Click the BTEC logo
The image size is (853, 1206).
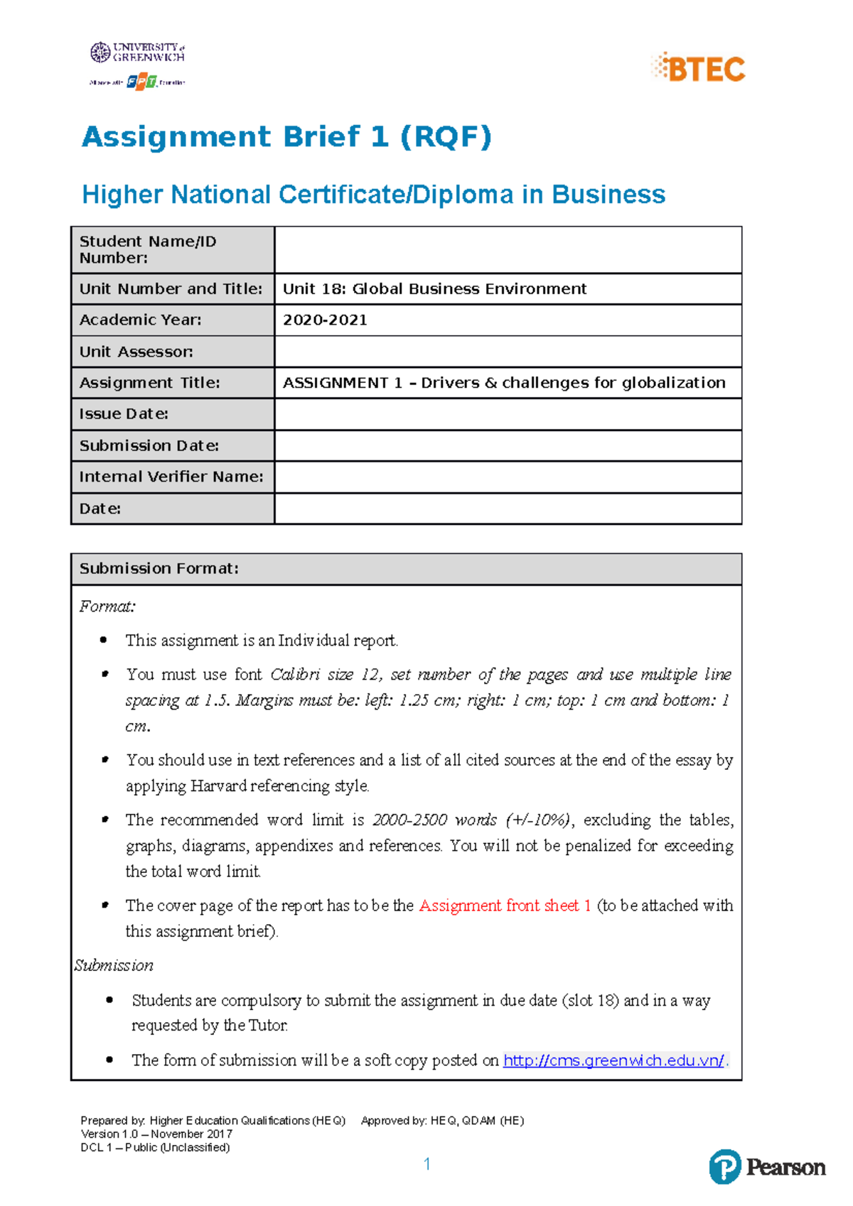(x=699, y=68)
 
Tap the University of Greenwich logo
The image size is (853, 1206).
(x=138, y=53)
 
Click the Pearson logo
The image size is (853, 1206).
(x=767, y=1167)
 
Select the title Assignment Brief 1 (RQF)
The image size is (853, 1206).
(x=286, y=136)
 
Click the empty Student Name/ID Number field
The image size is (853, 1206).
(x=508, y=250)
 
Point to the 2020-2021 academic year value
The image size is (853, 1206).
(x=325, y=320)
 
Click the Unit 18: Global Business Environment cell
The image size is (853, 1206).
(x=434, y=289)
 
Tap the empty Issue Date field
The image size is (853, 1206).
(x=508, y=414)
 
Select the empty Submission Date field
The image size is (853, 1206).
(x=508, y=446)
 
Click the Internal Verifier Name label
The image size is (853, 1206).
(x=171, y=477)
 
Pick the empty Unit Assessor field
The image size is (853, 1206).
(x=508, y=352)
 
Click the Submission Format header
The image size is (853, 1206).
(x=159, y=569)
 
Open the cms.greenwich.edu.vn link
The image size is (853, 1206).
(x=613, y=1060)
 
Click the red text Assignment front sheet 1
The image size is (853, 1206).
(x=505, y=906)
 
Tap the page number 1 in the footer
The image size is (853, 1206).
(x=426, y=1163)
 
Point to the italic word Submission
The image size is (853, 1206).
(x=114, y=965)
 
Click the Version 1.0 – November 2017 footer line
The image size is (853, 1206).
(x=156, y=1134)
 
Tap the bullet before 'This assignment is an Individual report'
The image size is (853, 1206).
(x=104, y=640)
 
